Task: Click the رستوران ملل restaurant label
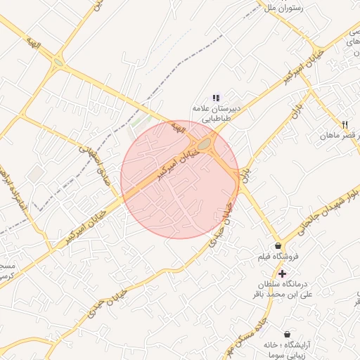283,8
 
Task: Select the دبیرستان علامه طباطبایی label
218,114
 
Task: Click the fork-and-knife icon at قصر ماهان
345,124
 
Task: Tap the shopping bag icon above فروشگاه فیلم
279,246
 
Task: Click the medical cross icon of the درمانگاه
282,273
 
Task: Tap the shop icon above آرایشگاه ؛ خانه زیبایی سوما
287,334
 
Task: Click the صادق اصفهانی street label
89,159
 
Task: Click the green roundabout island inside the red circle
205,145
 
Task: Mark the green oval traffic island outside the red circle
58,63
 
